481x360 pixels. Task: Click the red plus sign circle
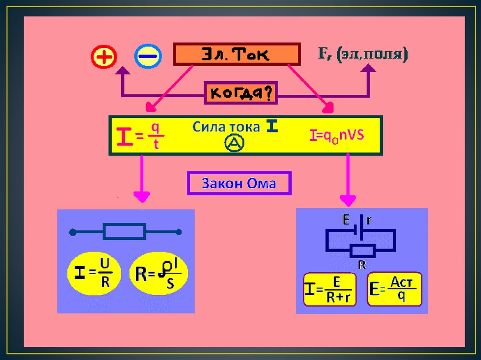(103, 57)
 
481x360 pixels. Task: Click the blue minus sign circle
(148, 57)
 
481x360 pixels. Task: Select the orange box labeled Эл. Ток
(237, 54)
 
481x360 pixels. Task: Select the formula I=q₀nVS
(337, 136)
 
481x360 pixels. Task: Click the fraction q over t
(155, 136)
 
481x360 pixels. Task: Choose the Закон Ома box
(239, 183)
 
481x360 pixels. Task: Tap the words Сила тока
(226, 127)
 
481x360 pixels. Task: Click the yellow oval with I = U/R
(94, 274)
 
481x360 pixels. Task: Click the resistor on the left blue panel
(124, 231)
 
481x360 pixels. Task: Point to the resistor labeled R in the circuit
(362, 251)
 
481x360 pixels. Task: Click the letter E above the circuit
(346, 219)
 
